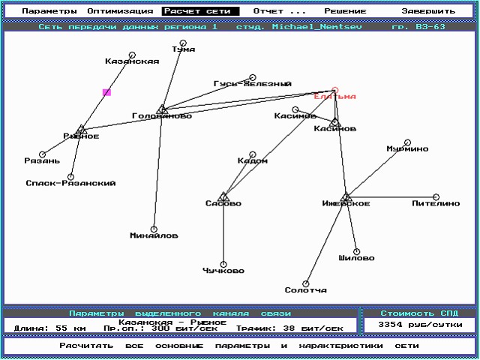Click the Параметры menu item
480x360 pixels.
[x=49, y=11]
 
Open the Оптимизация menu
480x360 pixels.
[x=120, y=11]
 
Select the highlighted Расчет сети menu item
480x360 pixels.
[x=200, y=11]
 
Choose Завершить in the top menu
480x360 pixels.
[x=427, y=11]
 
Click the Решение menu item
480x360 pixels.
[x=345, y=11]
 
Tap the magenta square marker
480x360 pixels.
[x=106, y=92]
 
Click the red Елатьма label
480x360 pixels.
[x=334, y=97]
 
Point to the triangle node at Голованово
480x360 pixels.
[x=161, y=109]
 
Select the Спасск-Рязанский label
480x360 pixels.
[x=70, y=183]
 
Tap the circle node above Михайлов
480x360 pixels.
[x=154, y=229]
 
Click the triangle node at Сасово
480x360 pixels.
[x=223, y=196]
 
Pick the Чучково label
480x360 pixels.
[x=223, y=271]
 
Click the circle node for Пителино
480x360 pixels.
[x=436, y=197]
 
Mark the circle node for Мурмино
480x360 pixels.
[x=408, y=142]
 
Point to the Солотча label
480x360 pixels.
[x=305, y=290]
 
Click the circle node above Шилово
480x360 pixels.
[x=356, y=251]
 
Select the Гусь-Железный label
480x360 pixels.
[x=252, y=84]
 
